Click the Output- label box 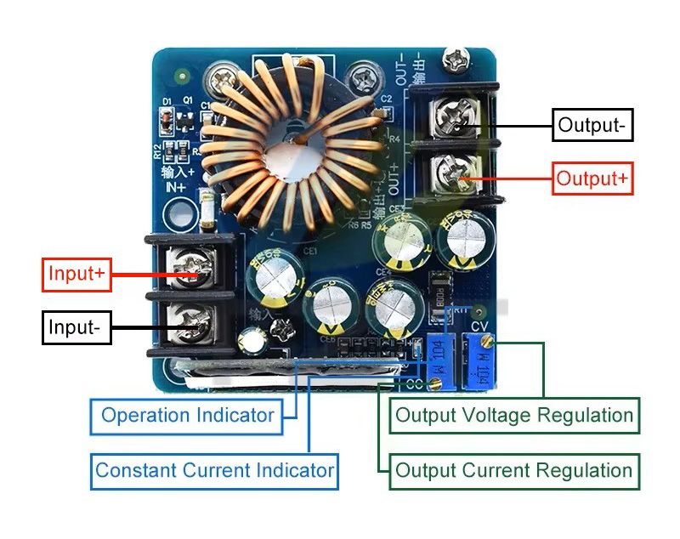(x=592, y=125)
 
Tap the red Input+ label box (x=76, y=274)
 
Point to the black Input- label (x=76, y=327)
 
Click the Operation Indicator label (x=187, y=416)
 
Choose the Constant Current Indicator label (x=214, y=470)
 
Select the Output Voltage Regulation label (x=514, y=416)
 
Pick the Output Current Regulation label (x=514, y=470)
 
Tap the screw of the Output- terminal (x=451, y=122)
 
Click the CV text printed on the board (x=479, y=325)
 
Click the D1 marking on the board (x=167, y=102)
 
